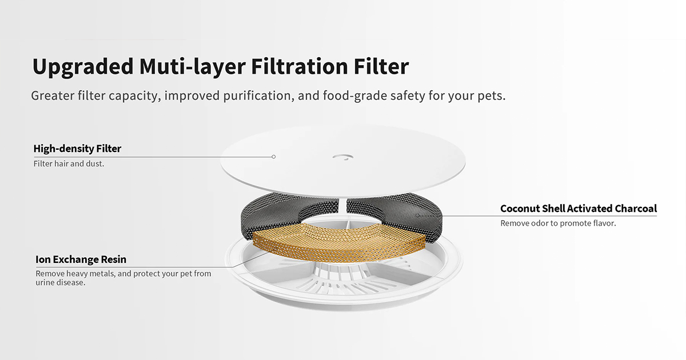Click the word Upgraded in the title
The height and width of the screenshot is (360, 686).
tap(82, 67)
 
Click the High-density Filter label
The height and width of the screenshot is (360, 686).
tap(77, 149)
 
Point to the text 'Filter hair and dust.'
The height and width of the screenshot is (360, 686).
tap(69, 164)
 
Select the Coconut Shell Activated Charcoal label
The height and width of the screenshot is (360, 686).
tap(579, 209)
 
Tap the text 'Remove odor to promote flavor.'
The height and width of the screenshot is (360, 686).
tap(558, 223)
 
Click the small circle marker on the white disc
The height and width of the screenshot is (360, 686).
tap(274, 157)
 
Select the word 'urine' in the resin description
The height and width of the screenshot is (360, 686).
tap(46, 283)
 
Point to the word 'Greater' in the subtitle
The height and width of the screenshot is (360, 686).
tap(52, 95)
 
